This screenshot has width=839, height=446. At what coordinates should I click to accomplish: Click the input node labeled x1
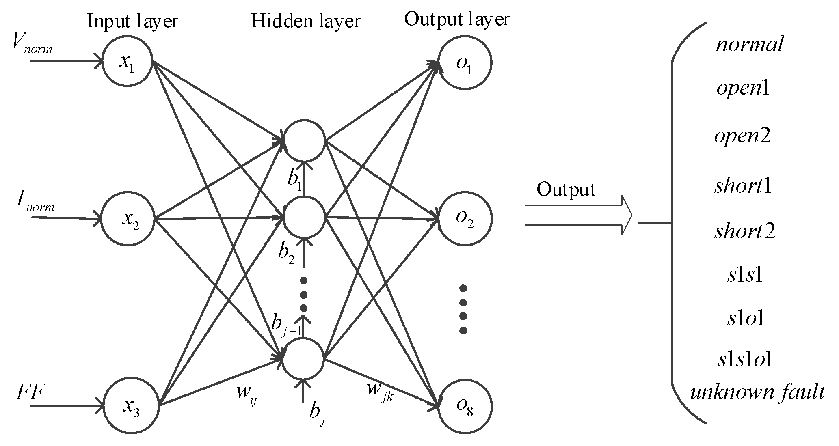127,62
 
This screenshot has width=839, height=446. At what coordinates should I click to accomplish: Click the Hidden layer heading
305,21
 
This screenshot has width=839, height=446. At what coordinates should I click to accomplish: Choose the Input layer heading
132,21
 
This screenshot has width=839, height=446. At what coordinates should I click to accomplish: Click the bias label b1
295,180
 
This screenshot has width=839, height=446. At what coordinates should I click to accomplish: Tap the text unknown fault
757,392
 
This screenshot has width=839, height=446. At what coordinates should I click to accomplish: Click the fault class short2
745,232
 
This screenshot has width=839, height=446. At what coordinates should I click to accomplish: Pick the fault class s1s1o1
745,359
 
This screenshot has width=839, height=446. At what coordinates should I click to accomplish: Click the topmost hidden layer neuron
304,140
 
